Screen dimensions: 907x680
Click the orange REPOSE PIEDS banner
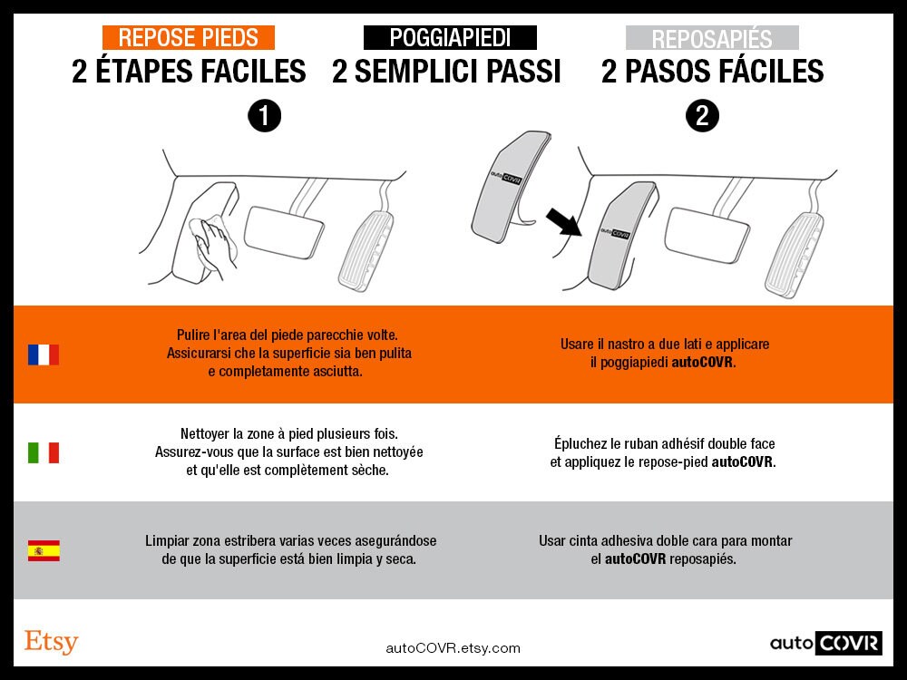pyautogui.click(x=189, y=37)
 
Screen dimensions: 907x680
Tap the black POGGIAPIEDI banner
pyautogui.click(x=450, y=37)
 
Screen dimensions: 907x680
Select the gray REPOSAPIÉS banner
pyautogui.click(x=712, y=37)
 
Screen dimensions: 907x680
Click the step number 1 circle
pyautogui.click(x=264, y=116)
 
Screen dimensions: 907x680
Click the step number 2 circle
pyautogui.click(x=702, y=116)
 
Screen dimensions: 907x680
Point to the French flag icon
pyautogui.click(x=44, y=355)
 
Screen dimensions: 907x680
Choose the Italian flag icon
pyautogui.click(x=44, y=452)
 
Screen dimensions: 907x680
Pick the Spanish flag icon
pyautogui.click(x=44, y=550)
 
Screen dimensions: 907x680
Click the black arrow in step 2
pyautogui.click(x=563, y=222)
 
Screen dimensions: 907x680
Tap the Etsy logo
pyautogui.click(x=51, y=641)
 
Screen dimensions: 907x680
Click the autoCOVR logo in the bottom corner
pyautogui.click(x=826, y=643)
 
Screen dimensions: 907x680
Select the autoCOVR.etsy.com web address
pyautogui.click(x=453, y=648)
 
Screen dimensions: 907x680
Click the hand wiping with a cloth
pyautogui.click(x=214, y=243)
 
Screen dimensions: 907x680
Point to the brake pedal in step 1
pyautogui.click(x=283, y=232)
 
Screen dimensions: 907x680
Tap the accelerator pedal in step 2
pyautogui.click(x=795, y=255)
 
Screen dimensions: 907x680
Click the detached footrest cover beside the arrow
pyautogui.click(x=509, y=186)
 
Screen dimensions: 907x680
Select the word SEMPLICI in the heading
pyautogui.click(x=416, y=72)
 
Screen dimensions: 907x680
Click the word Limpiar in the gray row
pyautogui.click(x=167, y=541)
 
